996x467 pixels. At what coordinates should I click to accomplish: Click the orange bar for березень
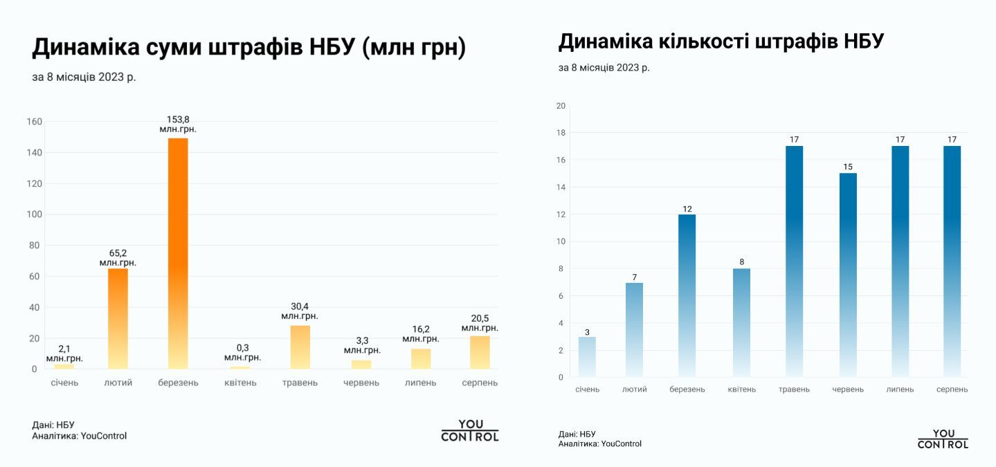178,253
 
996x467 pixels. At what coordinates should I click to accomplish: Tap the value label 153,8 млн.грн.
178,125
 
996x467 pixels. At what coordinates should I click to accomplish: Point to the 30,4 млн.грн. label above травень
300,311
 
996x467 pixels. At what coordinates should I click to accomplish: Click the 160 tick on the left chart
35,122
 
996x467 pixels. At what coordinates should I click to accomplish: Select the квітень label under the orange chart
239,383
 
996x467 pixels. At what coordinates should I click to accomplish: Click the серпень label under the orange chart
480,383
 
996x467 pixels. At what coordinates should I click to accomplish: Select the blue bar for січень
587,357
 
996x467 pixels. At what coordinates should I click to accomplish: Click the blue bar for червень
848,275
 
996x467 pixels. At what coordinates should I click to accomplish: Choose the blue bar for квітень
741,322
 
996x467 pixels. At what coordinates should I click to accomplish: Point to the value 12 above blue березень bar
687,209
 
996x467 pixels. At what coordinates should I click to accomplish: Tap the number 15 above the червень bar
848,167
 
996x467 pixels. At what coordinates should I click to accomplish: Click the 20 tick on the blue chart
561,106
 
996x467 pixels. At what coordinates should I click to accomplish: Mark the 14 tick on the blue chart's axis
561,187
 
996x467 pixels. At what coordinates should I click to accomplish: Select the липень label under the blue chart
900,390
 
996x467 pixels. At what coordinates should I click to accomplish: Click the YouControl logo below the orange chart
470,430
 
